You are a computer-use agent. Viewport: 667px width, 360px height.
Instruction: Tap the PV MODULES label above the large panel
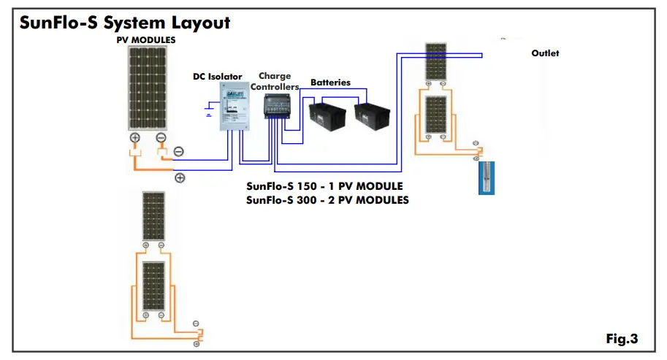click(146, 39)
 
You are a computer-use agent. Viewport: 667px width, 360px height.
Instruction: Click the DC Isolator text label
click(217, 76)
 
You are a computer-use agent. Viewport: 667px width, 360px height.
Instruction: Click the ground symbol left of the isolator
click(209, 112)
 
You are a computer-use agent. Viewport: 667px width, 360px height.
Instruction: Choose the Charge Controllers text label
click(275, 81)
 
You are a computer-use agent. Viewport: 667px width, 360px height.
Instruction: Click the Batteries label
click(330, 83)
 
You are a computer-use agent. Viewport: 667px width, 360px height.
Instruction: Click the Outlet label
click(545, 53)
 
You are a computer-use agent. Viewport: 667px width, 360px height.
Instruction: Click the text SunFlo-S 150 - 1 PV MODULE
click(324, 186)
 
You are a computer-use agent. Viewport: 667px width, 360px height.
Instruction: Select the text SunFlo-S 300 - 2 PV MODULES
click(327, 199)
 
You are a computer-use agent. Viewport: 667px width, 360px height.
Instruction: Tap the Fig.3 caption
click(622, 339)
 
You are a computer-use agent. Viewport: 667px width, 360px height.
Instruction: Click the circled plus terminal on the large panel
click(135, 138)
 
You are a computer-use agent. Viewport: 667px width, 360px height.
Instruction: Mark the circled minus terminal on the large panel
click(161, 138)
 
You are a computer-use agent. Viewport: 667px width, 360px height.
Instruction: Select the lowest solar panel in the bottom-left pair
click(153, 286)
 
